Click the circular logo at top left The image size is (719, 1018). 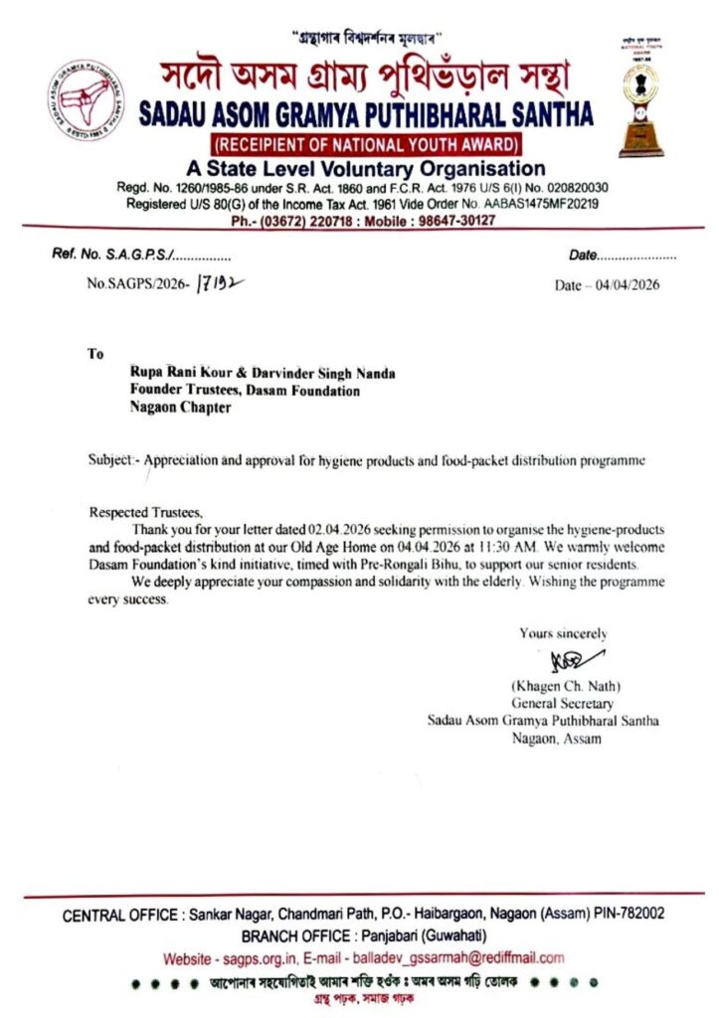tap(85, 100)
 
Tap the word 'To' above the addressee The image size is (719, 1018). tap(95, 353)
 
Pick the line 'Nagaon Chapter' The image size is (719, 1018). tap(180, 408)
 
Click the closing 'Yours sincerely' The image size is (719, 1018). tap(563, 633)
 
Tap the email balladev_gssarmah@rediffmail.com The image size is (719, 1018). tap(451, 958)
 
